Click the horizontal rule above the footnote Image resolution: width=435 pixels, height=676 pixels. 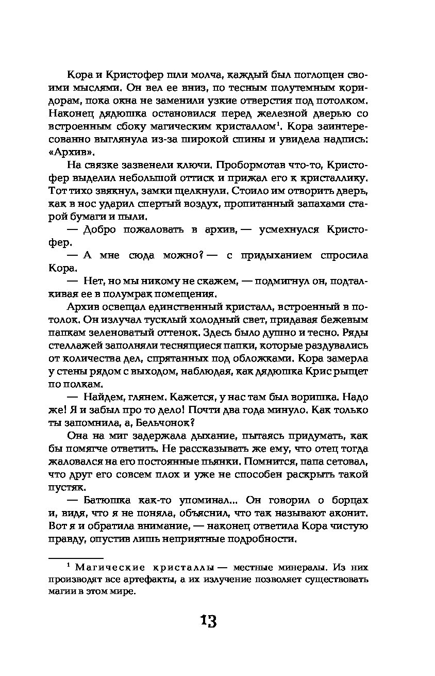[76, 557]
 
